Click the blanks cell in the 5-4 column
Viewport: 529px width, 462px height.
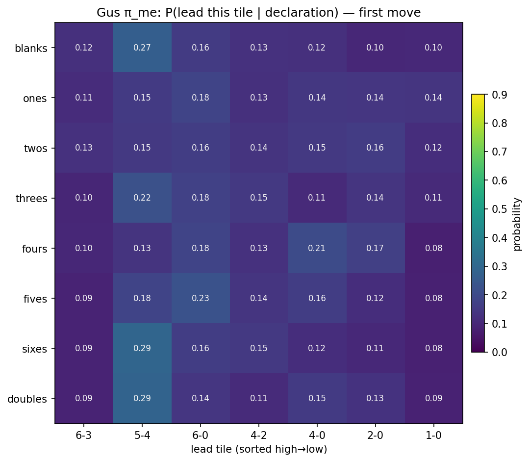(142, 48)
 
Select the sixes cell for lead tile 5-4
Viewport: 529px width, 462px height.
(142, 348)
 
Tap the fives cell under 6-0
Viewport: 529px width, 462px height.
(201, 298)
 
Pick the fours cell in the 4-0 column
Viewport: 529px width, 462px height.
(317, 248)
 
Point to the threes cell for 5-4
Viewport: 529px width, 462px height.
(142, 198)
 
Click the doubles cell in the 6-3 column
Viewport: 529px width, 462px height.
(84, 398)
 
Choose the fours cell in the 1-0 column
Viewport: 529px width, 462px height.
(433, 248)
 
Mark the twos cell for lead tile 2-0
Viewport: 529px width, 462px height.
(375, 148)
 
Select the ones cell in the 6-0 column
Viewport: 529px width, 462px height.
(201, 98)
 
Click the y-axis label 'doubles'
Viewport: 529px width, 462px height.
(27, 399)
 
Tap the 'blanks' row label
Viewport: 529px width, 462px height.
(31, 48)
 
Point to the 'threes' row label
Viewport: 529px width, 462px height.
(31, 198)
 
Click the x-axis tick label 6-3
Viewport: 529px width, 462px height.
(84, 436)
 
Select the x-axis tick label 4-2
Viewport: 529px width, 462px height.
(259, 436)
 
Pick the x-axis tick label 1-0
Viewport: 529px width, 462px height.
(433, 436)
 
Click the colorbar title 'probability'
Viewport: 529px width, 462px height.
(517, 224)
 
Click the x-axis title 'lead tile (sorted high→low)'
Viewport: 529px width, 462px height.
(259, 449)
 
